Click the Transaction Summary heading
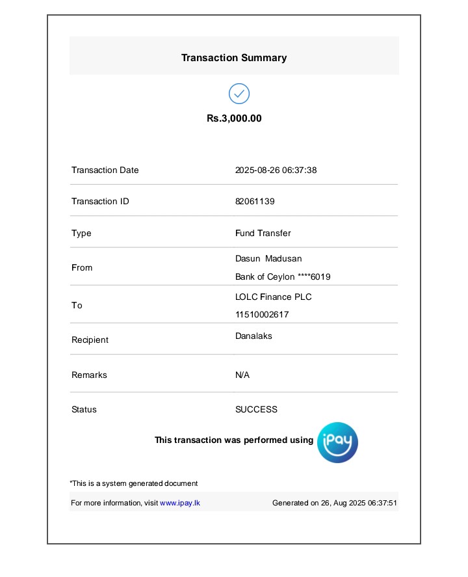234,58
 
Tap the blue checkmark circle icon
239,94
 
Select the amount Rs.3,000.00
234,118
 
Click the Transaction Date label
105,170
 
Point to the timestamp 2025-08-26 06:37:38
276,170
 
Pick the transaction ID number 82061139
255,202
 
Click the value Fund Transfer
263,234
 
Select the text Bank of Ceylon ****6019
283,277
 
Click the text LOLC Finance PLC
273,297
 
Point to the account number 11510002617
262,315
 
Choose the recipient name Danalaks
253,336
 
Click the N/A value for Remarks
242,375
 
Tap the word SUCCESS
256,410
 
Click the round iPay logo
337,442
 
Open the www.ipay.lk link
180,503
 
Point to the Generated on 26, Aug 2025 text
334,503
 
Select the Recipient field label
90,340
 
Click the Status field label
84,410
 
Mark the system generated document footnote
134,483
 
